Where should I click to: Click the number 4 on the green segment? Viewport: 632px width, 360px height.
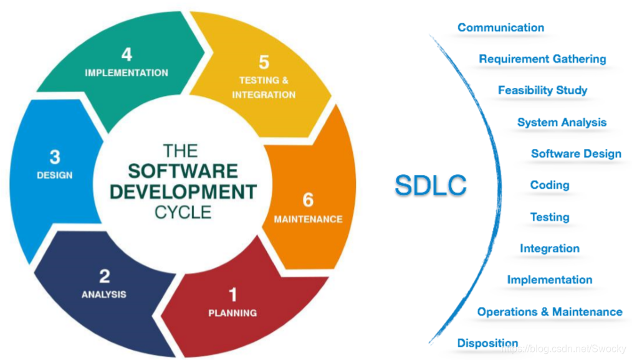point(127,54)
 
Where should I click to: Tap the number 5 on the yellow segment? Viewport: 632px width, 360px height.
point(264,62)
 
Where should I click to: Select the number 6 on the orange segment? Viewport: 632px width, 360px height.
point(308,200)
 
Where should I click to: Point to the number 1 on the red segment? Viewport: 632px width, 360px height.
point(232,295)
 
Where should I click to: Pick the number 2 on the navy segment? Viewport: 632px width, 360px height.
point(104,277)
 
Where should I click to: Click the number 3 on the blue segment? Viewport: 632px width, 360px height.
point(55,157)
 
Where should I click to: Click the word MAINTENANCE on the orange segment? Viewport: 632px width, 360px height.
point(309,219)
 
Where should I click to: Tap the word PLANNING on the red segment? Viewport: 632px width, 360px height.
point(232,313)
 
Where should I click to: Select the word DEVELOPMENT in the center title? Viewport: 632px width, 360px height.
point(183,192)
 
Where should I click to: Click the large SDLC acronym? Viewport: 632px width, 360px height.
point(431,185)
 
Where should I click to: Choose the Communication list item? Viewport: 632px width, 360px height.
point(501,27)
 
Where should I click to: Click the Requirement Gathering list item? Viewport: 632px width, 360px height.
point(542,59)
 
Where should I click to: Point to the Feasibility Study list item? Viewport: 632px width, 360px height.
point(542,90)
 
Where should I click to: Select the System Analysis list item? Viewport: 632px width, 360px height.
point(562,122)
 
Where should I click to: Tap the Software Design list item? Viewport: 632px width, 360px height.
point(577,153)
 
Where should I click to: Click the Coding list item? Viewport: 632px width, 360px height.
point(550,185)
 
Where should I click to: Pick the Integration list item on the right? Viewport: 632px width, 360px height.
point(550,249)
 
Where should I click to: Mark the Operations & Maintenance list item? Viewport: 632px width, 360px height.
point(550,311)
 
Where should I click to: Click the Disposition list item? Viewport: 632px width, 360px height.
point(487,343)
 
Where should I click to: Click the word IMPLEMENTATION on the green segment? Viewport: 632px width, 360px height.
point(127,73)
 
